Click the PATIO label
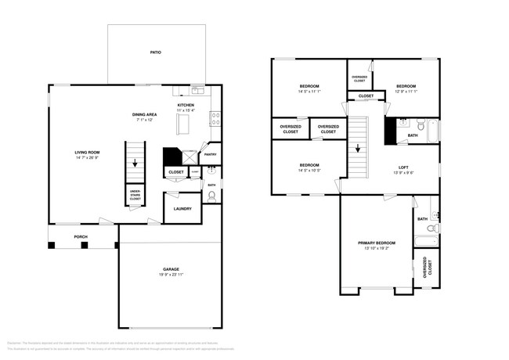[156, 52]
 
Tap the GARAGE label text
[171, 269]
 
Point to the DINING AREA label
[147, 115]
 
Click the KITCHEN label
[186, 105]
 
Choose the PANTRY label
[211, 154]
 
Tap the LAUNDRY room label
[182, 209]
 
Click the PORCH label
[81, 236]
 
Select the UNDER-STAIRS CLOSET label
[135, 196]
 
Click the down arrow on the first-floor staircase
[136, 164]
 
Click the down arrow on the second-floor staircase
[358, 147]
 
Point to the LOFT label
[403, 167]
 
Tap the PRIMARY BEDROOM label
[377, 243]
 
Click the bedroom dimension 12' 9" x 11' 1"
[406, 92]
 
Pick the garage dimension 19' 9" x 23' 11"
[171, 275]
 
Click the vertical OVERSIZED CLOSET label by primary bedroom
[427, 268]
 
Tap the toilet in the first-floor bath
[211, 196]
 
